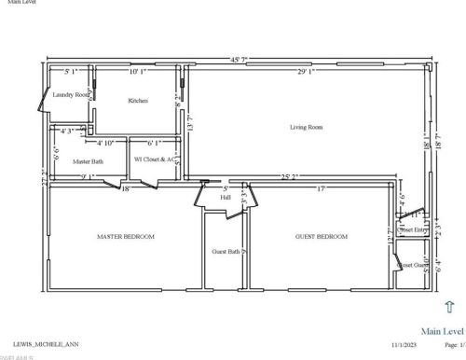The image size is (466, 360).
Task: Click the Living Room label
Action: [306, 127]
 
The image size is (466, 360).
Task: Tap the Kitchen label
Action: [139, 100]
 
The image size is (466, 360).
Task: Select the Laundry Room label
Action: [70, 95]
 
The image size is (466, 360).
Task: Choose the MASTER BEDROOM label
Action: [126, 237]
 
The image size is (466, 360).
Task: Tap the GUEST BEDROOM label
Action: [322, 237]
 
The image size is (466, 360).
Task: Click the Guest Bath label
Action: [226, 252]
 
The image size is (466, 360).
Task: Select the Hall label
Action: [225, 197]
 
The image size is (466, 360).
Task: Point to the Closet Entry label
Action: [414, 229]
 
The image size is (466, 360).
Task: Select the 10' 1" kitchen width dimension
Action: [140, 71]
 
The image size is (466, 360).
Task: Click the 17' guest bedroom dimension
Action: [320, 189]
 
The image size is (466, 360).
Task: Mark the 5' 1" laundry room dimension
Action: [72, 71]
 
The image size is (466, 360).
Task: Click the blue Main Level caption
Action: [442, 330]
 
